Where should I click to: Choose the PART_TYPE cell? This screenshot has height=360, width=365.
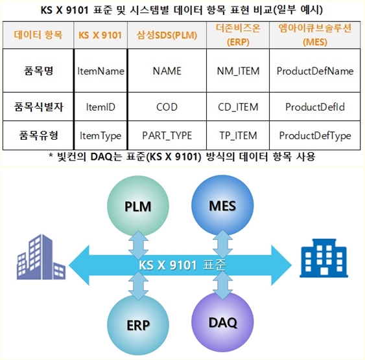(x=167, y=135)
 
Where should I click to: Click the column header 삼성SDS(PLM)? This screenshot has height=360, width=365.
(x=167, y=35)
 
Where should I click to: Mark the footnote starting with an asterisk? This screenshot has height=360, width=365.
(x=182, y=157)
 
